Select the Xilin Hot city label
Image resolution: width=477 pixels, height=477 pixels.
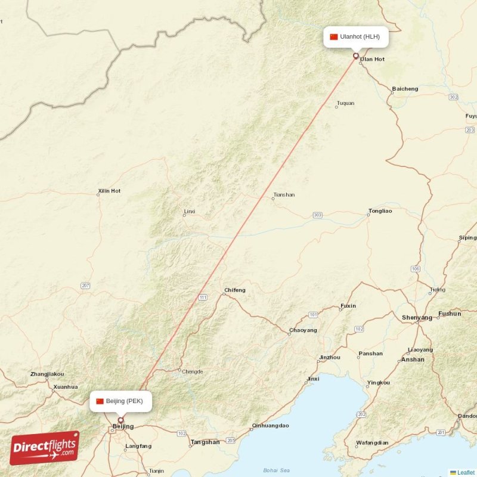click(x=109, y=191)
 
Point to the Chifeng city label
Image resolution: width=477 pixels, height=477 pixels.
click(x=234, y=290)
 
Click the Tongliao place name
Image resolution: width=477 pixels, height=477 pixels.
click(x=380, y=211)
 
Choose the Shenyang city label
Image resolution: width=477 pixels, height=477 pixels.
click(x=417, y=318)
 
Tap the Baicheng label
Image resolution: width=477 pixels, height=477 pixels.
click(x=405, y=89)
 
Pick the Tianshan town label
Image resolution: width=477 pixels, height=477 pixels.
click(x=283, y=195)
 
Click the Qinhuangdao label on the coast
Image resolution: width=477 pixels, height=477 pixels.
click(x=271, y=426)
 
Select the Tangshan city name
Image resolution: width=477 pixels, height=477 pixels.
click(x=205, y=442)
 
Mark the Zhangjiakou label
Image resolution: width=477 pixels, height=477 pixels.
click(x=47, y=374)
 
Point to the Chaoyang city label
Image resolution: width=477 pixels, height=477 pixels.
click(x=303, y=330)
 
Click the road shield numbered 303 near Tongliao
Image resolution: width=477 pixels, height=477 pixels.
click(x=317, y=215)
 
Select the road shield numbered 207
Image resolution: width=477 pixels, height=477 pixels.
click(x=86, y=286)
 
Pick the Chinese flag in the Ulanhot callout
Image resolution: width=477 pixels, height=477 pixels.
click(x=334, y=37)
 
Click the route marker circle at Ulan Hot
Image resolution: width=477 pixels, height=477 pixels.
click(x=356, y=56)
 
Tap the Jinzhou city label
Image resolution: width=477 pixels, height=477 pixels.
click(x=330, y=357)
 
